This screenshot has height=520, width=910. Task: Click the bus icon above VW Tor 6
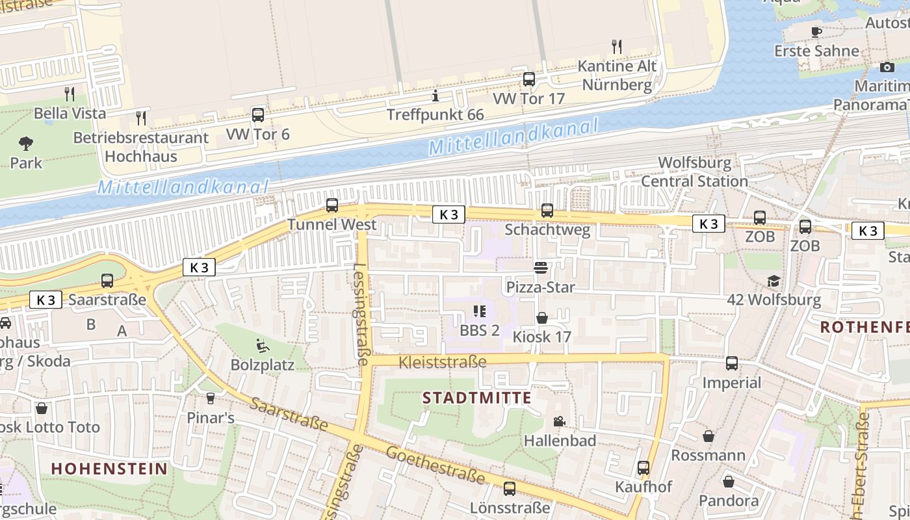pos(258,115)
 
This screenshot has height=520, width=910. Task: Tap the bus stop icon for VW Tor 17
pos(529,79)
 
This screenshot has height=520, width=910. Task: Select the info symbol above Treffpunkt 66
pos(435,97)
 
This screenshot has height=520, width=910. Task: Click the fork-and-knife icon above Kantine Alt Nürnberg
pos(617,47)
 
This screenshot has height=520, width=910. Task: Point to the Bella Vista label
pos(70,113)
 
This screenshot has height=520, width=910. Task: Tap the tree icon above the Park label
pos(26,143)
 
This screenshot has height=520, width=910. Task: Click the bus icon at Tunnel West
pos(332,205)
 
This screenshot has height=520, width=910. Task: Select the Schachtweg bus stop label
pos(547,229)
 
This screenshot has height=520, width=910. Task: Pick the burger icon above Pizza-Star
pos(540,268)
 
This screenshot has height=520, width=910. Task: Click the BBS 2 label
pos(480,330)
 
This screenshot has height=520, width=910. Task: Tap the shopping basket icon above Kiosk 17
pos(542,318)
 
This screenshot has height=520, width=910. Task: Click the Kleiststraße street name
pos(443,362)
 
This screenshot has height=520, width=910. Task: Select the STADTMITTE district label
pos(477,398)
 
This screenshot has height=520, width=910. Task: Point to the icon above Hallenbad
pos(559,422)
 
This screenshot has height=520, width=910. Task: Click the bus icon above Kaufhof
pos(643,467)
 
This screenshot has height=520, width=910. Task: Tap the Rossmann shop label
pos(708,455)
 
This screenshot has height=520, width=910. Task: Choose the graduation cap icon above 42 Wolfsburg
pos(773,281)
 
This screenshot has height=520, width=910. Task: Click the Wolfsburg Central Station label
pos(694,172)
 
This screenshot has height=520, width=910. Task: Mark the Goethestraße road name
pos(435,465)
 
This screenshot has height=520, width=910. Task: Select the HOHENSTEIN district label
pos(109,469)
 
